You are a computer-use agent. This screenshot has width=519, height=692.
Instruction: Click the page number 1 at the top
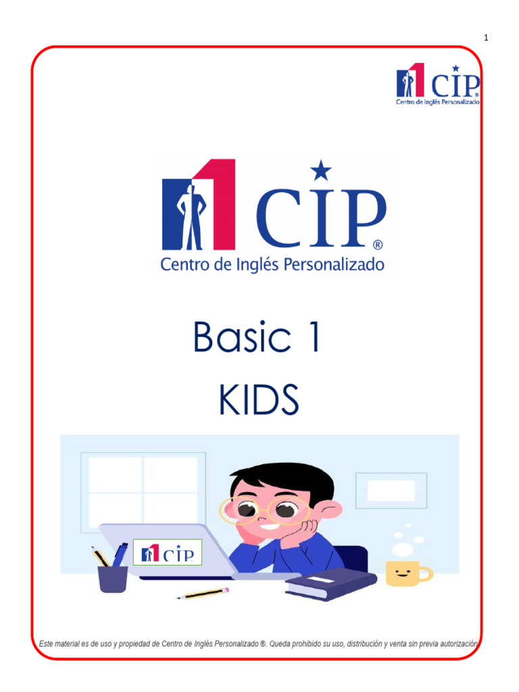486,37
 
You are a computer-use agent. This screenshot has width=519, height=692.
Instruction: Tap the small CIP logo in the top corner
438,85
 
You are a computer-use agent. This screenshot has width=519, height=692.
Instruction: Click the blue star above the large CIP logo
321,171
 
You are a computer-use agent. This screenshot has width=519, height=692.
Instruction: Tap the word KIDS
258,401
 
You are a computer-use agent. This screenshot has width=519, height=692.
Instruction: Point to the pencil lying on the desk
203,593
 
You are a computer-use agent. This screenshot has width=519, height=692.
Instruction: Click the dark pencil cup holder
112,578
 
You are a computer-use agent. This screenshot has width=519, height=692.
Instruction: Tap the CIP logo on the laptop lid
167,552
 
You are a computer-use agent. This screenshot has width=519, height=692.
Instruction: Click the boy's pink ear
332,509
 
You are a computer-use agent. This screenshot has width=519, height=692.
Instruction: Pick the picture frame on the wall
391,490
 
